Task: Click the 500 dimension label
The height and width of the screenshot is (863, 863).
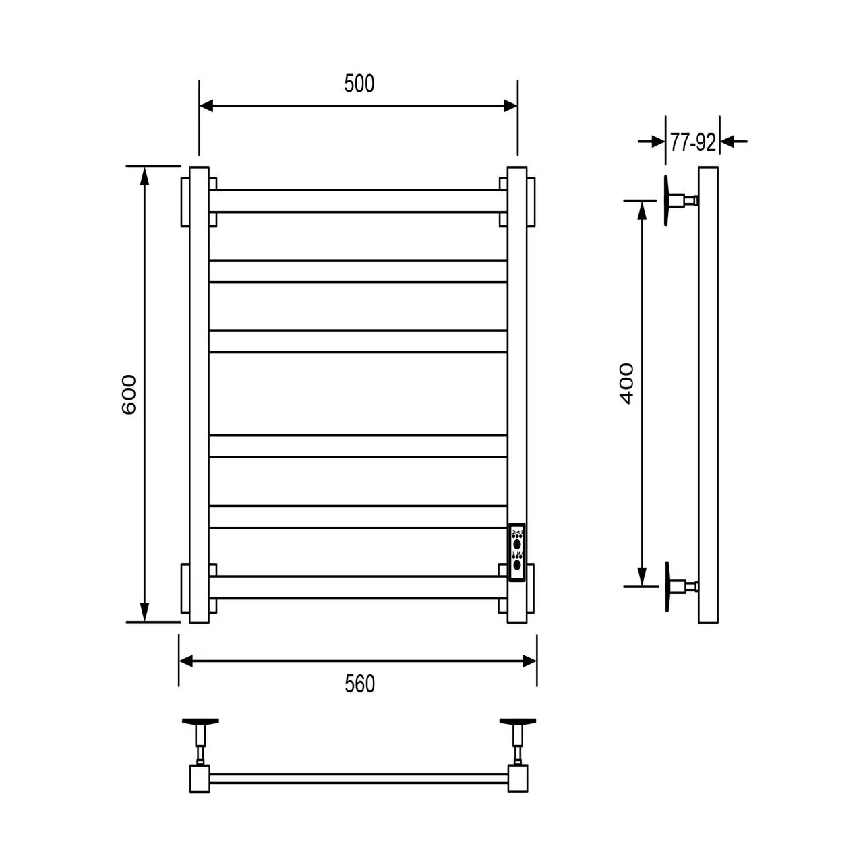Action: (x=359, y=84)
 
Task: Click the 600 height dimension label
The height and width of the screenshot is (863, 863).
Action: (x=129, y=394)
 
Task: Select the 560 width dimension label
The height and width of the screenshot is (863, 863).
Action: (x=359, y=684)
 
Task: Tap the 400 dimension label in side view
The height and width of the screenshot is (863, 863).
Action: (x=626, y=383)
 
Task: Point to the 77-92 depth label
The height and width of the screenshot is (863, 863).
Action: (x=692, y=143)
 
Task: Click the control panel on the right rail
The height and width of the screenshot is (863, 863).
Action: (x=517, y=552)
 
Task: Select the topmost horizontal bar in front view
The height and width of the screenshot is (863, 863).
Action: (x=358, y=201)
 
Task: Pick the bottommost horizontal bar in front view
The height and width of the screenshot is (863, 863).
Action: (x=358, y=587)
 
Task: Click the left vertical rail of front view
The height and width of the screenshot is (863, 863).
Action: (x=199, y=394)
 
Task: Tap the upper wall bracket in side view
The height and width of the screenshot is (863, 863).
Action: (x=678, y=200)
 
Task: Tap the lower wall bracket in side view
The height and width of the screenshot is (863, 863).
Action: (x=678, y=585)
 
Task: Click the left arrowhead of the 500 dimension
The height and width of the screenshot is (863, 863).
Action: (x=206, y=105)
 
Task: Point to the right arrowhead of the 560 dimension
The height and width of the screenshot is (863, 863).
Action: (x=530, y=661)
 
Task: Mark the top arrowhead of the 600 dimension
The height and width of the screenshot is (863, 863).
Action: (x=144, y=174)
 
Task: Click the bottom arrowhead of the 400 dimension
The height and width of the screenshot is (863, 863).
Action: (x=642, y=578)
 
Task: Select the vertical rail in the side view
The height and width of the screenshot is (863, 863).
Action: (x=709, y=394)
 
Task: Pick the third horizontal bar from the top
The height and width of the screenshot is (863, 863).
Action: (x=358, y=341)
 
